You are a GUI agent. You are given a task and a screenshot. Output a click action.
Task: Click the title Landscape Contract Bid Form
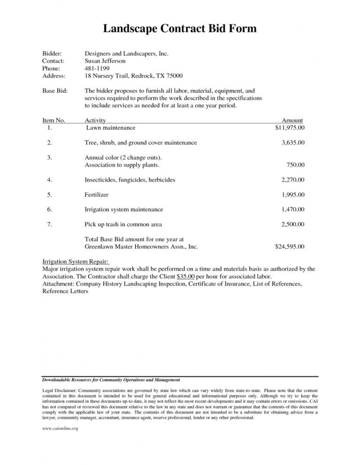pyautogui.click(x=180, y=30)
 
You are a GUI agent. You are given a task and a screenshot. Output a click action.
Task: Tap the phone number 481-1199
pyautogui.click(x=97, y=68)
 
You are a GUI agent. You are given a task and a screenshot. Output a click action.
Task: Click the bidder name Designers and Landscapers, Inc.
pyautogui.click(x=126, y=54)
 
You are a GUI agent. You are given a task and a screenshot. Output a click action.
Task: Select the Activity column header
pyautogui.click(x=96, y=120)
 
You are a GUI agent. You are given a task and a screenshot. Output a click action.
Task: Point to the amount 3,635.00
pyautogui.click(x=293, y=142)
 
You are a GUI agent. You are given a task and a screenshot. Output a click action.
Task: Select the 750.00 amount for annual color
pyautogui.click(x=295, y=164)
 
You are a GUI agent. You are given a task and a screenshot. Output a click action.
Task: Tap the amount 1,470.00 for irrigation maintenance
pyautogui.click(x=293, y=209)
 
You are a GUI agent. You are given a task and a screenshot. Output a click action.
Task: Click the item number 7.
pyautogui.click(x=50, y=224)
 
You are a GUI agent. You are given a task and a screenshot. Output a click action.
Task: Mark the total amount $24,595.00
pyautogui.click(x=289, y=246)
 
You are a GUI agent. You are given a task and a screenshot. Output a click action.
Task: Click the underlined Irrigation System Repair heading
pyautogui.click(x=75, y=261)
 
